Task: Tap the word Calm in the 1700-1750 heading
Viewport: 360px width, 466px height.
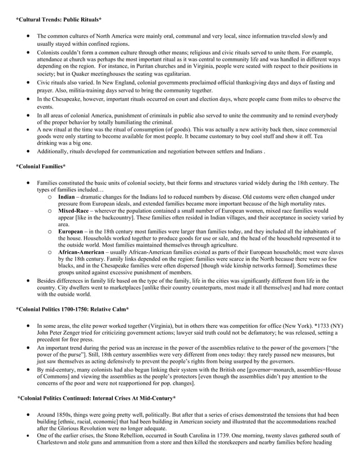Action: point(118,309)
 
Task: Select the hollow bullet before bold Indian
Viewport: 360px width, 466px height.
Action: point(50,196)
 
